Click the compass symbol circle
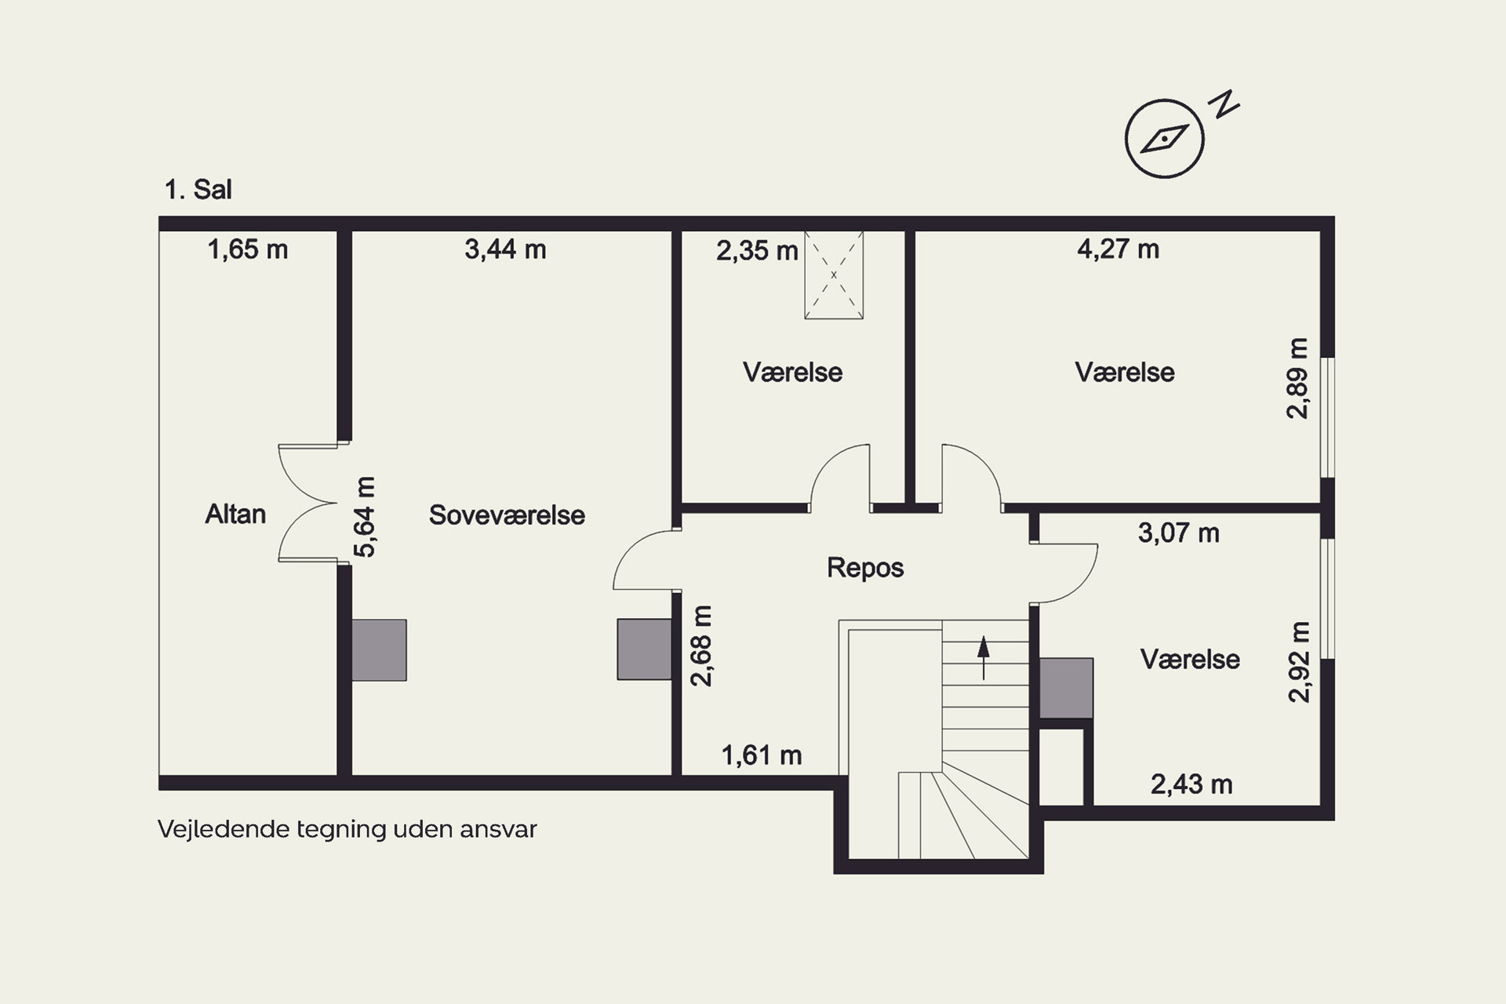[x=1164, y=139]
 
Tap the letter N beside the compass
[x=1224, y=104]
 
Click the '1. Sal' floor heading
[x=198, y=190]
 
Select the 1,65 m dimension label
[x=248, y=249]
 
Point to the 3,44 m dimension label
[x=505, y=249]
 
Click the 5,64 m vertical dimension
[x=365, y=517]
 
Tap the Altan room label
[x=235, y=514]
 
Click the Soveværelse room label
[x=507, y=515]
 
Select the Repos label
[x=865, y=567]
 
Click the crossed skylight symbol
[x=834, y=275]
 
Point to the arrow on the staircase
[x=983, y=657]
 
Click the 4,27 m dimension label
[x=1118, y=249]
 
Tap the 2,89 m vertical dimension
[x=1298, y=378]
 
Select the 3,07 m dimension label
[x=1178, y=533]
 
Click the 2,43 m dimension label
[x=1191, y=784]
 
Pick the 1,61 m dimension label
[x=762, y=755]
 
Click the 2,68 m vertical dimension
[x=701, y=646]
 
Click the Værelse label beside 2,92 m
[x=1190, y=659]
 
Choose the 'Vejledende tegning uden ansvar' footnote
[x=347, y=829]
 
